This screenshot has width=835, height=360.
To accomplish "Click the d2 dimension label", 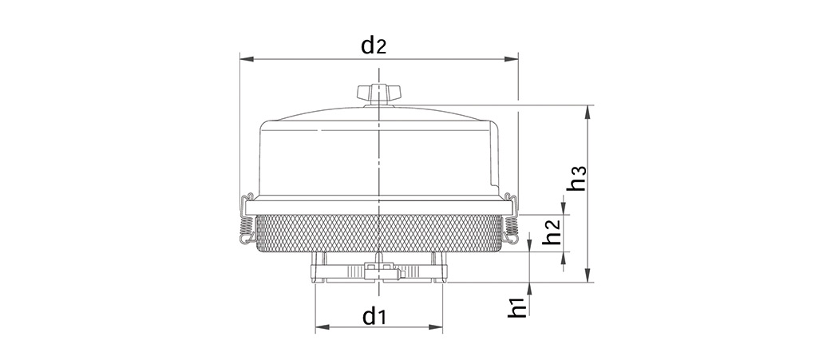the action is [374, 45].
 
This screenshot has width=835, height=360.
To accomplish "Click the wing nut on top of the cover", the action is [378, 93].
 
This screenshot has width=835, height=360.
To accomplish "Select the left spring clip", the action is [246, 219].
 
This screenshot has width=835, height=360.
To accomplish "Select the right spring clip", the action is [510, 219].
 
